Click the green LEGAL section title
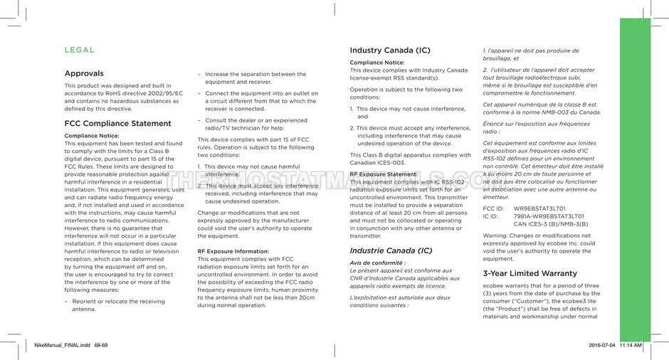point(79,51)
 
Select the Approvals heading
point(84,73)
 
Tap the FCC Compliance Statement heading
point(117,123)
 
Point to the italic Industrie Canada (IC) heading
point(391,250)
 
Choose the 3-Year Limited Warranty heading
point(530,273)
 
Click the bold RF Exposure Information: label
point(233,251)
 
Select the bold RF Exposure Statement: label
point(384,174)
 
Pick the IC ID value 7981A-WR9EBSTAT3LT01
point(549,216)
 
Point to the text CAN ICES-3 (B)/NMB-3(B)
point(551,223)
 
